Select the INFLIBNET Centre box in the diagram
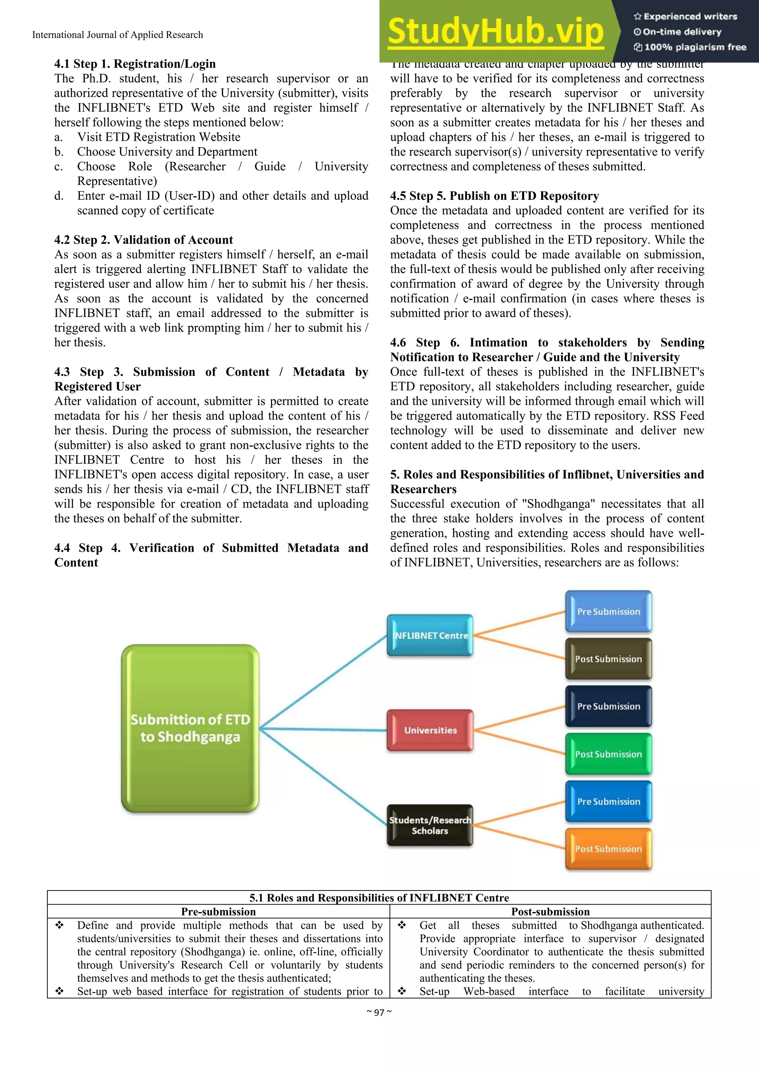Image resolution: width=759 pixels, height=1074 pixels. point(430,635)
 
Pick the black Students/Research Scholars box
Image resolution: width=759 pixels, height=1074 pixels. point(430,825)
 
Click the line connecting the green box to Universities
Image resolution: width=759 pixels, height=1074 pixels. point(323,729)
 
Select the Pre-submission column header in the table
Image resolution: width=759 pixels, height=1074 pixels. point(218,911)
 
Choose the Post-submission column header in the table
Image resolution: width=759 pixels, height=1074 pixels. point(550,911)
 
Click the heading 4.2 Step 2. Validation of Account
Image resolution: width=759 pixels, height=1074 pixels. point(143,240)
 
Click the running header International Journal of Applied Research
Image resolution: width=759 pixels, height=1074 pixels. point(117,34)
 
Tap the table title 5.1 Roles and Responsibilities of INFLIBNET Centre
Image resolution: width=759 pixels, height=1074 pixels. point(379,897)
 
